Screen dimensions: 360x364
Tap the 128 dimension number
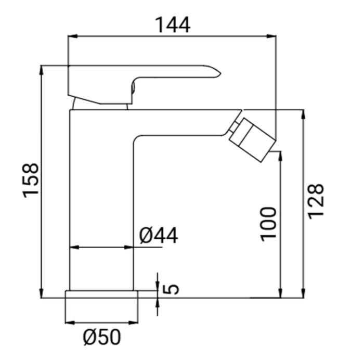point(316,200)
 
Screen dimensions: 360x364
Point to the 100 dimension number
point(269,223)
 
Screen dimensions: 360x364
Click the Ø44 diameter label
point(159,236)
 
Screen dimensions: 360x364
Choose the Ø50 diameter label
point(101,338)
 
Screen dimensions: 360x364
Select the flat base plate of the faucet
point(101,294)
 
